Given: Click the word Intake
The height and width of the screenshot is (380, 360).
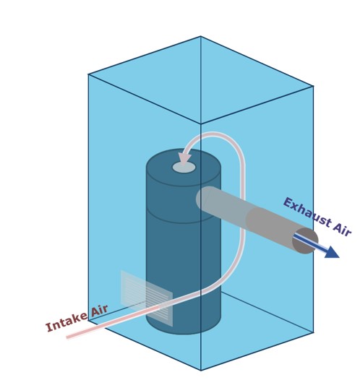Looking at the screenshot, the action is click(x=67, y=322).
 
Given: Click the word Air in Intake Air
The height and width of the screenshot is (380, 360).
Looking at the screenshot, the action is click(x=99, y=311).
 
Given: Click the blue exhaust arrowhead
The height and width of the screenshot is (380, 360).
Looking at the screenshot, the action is click(x=332, y=253).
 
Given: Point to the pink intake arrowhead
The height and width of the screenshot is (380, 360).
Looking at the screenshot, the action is click(x=184, y=158).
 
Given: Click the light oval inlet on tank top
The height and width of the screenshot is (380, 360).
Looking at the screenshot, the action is click(x=184, y=168).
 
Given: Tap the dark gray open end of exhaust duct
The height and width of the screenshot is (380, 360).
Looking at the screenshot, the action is click(x=305, y=241).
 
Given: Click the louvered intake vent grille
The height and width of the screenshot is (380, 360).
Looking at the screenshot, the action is click(x=147, y=298).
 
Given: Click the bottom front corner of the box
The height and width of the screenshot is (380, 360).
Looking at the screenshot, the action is click(x=201, y=370).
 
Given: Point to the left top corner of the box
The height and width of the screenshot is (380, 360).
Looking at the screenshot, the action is click(x=88, y=74).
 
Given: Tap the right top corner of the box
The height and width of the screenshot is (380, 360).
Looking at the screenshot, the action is click(x=313, y=86).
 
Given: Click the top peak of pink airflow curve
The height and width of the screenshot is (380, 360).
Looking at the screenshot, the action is click(x=213, y=134).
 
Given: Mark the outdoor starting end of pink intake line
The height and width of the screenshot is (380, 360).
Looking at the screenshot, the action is click(x=67, y=337).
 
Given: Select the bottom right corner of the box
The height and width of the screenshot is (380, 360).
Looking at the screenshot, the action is click(x=313, y=332).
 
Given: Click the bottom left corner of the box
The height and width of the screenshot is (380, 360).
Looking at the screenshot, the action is click(x=88, y=320).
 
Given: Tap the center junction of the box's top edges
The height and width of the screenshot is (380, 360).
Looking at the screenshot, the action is click(x=200, y=124).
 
